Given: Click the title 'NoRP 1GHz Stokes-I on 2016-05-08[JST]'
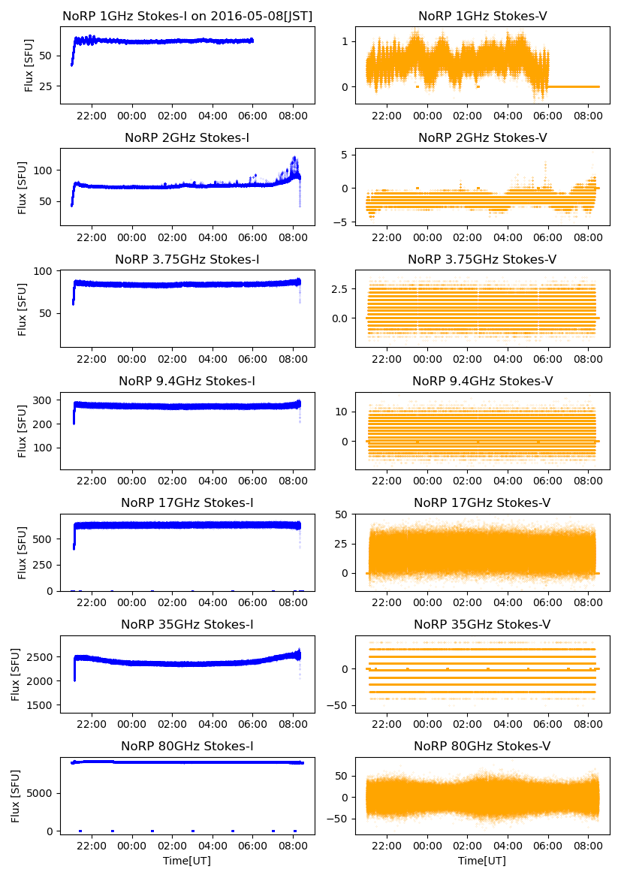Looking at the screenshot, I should click(x=187, y=16).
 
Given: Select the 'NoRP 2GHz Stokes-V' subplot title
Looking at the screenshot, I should click(x=482, y=137).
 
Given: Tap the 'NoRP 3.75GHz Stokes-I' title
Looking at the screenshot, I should click(x=187, y=259).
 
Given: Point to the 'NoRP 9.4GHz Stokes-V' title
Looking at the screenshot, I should click(x=482, y=381).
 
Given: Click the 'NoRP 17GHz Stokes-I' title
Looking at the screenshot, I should click(x=187, y=502).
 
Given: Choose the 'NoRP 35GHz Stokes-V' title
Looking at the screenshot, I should click(x=482, y=624).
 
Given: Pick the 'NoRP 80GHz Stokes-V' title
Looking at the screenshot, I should click(x=482, y=746).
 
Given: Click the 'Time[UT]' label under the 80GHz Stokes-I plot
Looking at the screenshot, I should click(x=187, y=860).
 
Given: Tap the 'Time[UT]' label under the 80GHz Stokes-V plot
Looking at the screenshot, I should click(x=482, y=860).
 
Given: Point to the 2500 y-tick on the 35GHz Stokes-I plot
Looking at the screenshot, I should click(x=42, y=657).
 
